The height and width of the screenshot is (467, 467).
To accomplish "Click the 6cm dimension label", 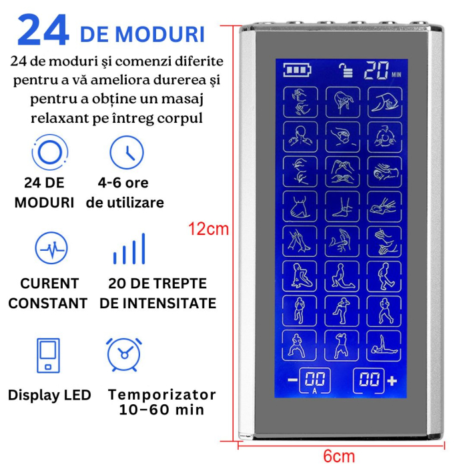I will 339,456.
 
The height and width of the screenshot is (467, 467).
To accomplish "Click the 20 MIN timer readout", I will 382,70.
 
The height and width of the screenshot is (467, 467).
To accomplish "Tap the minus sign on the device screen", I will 292,380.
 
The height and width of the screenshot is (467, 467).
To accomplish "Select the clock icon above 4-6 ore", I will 126,152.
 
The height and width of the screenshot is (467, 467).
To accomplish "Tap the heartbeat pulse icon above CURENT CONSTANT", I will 51,248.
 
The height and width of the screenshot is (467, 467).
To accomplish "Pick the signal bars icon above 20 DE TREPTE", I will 129,248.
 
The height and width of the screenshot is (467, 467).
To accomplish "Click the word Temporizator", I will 162,394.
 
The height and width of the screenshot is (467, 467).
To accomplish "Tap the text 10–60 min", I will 162,410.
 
